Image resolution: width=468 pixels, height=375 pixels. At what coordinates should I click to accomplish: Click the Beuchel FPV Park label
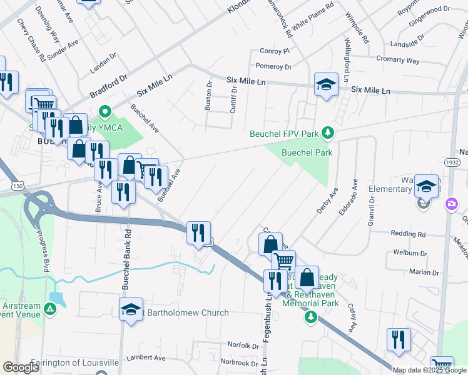click(284, 133)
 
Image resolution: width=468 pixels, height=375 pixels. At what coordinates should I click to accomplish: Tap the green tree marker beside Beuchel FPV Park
click(327, 132)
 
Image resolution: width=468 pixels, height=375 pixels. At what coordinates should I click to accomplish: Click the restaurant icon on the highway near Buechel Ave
click(199, 233)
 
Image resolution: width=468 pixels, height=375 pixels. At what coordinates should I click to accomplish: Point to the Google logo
click(21, 367)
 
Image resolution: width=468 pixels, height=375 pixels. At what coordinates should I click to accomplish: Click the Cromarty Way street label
click(398, 60)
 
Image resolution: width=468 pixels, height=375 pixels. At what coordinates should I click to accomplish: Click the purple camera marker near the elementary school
click(451, 204)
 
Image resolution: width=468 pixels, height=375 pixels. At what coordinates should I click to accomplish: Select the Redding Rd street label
click(408, 234)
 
